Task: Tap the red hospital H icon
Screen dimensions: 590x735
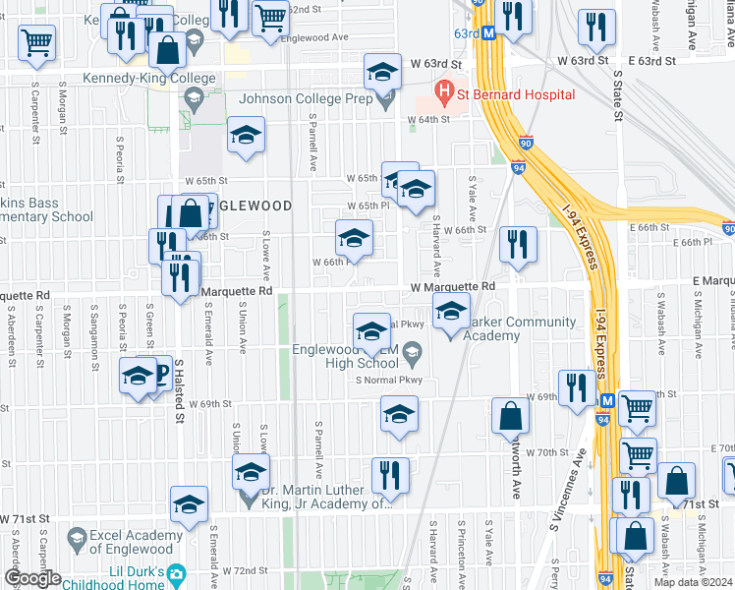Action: click(x=444, y=94)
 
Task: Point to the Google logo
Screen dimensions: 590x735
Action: click(x=32, y=577)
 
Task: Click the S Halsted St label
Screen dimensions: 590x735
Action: click(x=180, y=389)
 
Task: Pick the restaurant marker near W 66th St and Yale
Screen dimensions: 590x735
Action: click(x=517, y=244)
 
